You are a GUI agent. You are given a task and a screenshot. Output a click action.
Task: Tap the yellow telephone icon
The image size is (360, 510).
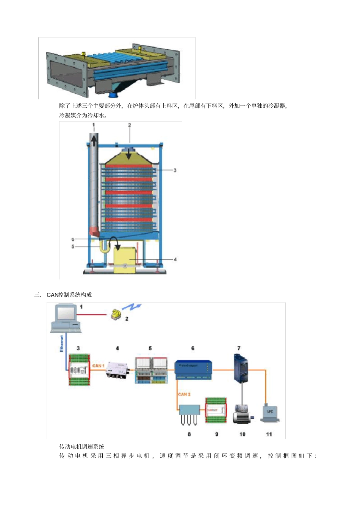(x=116, y=314)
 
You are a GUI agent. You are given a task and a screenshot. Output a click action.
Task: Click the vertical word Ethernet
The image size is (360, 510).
(x=62, y=343)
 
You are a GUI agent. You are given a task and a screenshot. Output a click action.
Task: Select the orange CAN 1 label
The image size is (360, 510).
(x=98, y=366)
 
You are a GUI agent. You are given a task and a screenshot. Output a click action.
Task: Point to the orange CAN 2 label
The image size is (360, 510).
(x=184, y=394)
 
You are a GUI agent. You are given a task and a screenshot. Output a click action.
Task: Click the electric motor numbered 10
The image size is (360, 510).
(x=242, y=414)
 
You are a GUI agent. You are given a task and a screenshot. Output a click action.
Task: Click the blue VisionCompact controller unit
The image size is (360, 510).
(x=193, y=370)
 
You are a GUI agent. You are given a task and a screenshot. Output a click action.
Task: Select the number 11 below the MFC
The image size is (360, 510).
(x=269, y=434)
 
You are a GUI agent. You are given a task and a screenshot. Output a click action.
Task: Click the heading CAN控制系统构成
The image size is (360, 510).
(x=69, y=295)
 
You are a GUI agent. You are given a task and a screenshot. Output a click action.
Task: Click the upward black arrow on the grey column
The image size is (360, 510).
(x=94, y=141)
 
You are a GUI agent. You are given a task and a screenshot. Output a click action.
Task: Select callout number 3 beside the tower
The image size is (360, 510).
(x=175, y=170)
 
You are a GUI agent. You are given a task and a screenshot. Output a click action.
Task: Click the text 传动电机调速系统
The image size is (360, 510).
(x=82, y=446)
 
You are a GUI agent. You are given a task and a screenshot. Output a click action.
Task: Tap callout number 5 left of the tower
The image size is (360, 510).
(x=73, y=246)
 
